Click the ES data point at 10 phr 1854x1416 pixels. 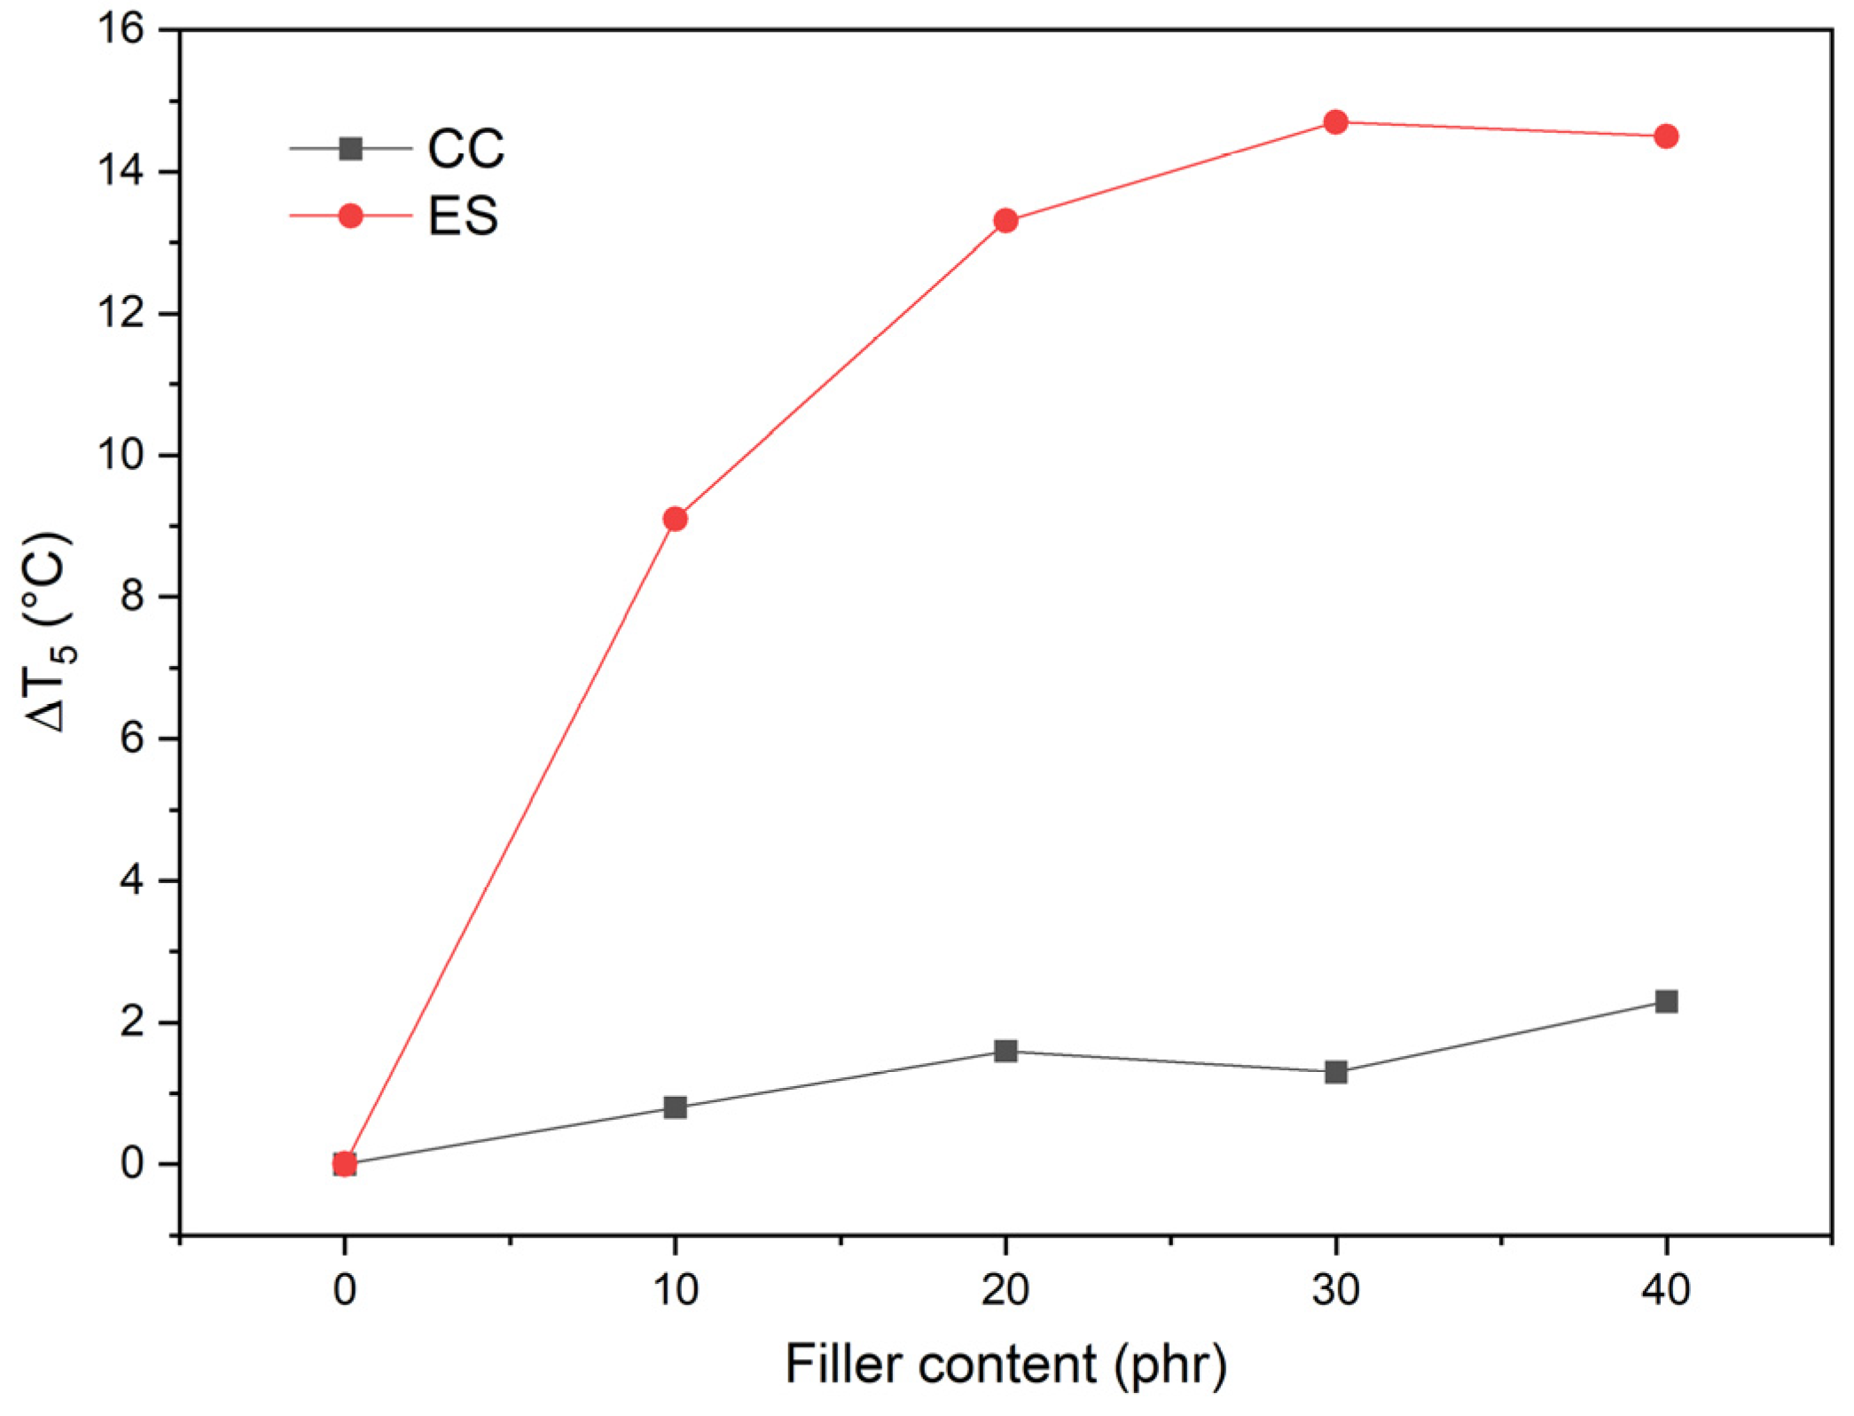[x=675, y=519]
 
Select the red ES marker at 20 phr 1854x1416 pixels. [x=1005, y=221]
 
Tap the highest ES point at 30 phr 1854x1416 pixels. [x=1335, y=122]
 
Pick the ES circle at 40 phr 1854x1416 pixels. [x=1666, y=137]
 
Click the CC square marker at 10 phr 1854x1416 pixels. [x=675, y=1107]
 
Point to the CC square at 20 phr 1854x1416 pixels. [x=1005, y=1051]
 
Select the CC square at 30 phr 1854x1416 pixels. [x=1335, y=1072]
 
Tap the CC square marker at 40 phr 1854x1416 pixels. [x=1666, y=1002]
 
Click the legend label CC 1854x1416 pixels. [x=465, y=149]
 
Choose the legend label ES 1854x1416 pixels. [x=463, y=216]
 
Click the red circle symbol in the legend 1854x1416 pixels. [x=351, y=215]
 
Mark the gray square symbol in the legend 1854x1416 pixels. [x=351, y=148]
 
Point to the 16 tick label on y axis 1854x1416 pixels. [x=121, y=29]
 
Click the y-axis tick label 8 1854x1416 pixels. [x=132, y=597]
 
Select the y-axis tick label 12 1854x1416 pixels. [x=121, y=313]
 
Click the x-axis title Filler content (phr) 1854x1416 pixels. [x=1005, y=1365]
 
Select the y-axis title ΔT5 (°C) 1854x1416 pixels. [x=46, y=632]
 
